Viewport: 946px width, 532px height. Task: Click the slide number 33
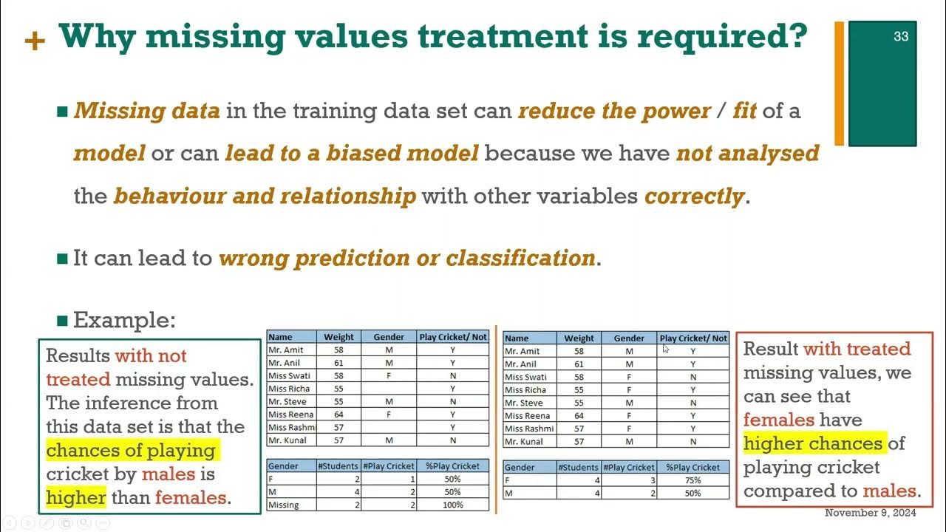tap(900, 36)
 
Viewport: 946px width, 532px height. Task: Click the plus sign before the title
tap(35, 41)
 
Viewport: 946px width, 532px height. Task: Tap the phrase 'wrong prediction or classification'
tap(407, 258)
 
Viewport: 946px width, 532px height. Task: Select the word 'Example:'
tap(124, 320)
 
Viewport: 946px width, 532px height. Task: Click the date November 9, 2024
tap(870, 513)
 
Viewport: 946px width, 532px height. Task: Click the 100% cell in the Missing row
tap(452, 505)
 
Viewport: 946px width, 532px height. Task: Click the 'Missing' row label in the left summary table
tap(284, 505)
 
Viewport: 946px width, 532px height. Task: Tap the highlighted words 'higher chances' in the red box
tap(813, 443)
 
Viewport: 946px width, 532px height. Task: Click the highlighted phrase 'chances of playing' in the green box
tap(131, 450)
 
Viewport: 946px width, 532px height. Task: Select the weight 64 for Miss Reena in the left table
tap(338, 415)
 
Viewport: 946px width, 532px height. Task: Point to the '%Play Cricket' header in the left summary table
tap(452, 466)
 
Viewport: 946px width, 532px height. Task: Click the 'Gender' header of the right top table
tap(629, 338)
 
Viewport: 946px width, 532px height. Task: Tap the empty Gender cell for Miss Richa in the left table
tap(389, 389)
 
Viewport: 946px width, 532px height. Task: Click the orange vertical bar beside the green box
tap(839, 83)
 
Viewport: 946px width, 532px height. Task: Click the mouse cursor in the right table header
tap(665, 348)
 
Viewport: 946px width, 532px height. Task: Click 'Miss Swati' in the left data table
tap(289, 376)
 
